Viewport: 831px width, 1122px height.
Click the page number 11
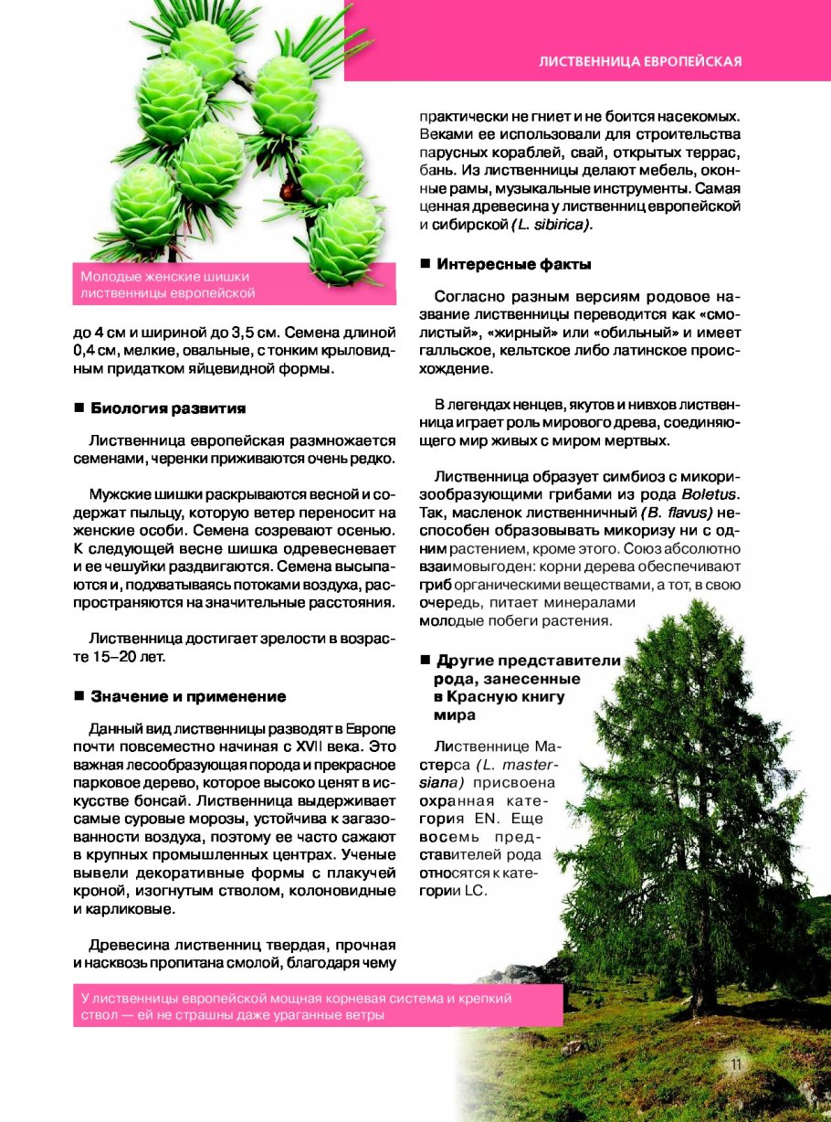736,1064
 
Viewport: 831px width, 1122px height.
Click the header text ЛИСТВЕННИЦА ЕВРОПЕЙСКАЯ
639,62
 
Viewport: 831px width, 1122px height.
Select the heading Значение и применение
188,696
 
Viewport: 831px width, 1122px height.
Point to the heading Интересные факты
514,264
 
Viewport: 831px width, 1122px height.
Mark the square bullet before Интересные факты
425,264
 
